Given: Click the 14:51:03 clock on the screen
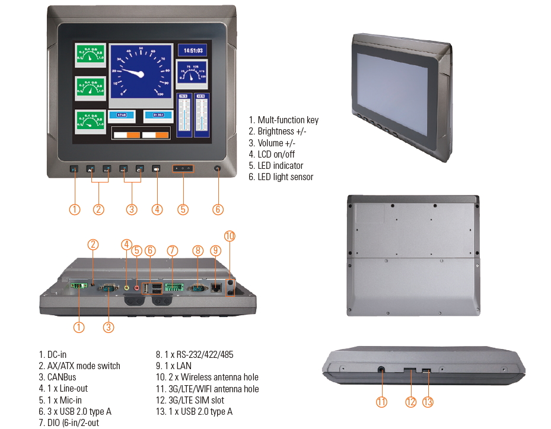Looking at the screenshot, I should [x=192, y=51].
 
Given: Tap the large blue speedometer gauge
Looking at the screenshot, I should [x=141, y=72].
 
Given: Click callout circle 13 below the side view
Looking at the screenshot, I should [x=428, y=402].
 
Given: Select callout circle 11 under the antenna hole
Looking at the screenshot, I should [x=381, y=402].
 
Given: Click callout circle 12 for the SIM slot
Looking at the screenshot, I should [x=411, y=402].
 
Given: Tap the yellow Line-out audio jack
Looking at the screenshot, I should [x=126, y=288].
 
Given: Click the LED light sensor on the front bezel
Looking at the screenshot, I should [x=218, y=169].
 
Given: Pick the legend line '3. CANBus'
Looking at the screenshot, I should [x=58, y=377].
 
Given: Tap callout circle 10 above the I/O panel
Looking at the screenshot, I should [x=230, y=236].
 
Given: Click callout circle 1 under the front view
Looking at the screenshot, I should [x=75, y=209].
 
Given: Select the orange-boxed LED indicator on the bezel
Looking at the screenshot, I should [x=183, y=169].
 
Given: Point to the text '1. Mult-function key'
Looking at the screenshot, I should [x=284, y=120].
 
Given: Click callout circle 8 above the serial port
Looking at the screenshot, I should [x=198, y=251].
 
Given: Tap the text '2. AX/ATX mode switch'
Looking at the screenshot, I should [x=79, y=366].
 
